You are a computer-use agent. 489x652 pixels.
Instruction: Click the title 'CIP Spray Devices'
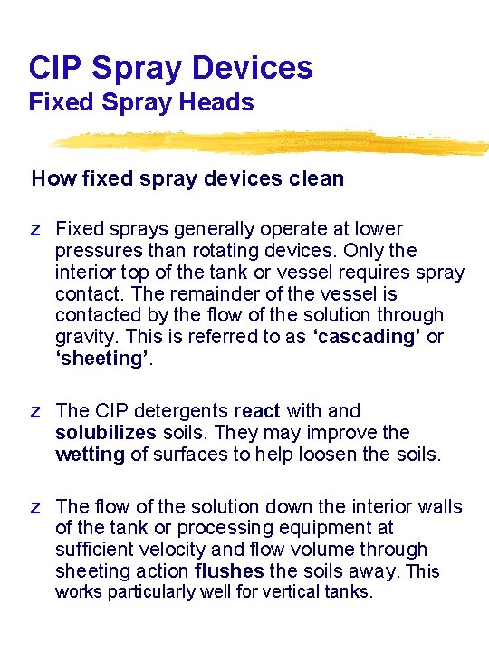[x=170, y=67]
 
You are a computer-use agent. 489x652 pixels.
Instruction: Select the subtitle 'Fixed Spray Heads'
[x=141, y=102]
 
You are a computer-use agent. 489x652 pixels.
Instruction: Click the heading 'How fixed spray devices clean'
[x=187, y=178]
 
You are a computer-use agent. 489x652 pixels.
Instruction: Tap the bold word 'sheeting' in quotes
[x=100, y=359]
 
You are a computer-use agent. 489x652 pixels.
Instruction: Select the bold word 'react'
[x=258, y=411]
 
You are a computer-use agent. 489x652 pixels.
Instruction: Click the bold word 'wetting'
[x=90, y=455]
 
